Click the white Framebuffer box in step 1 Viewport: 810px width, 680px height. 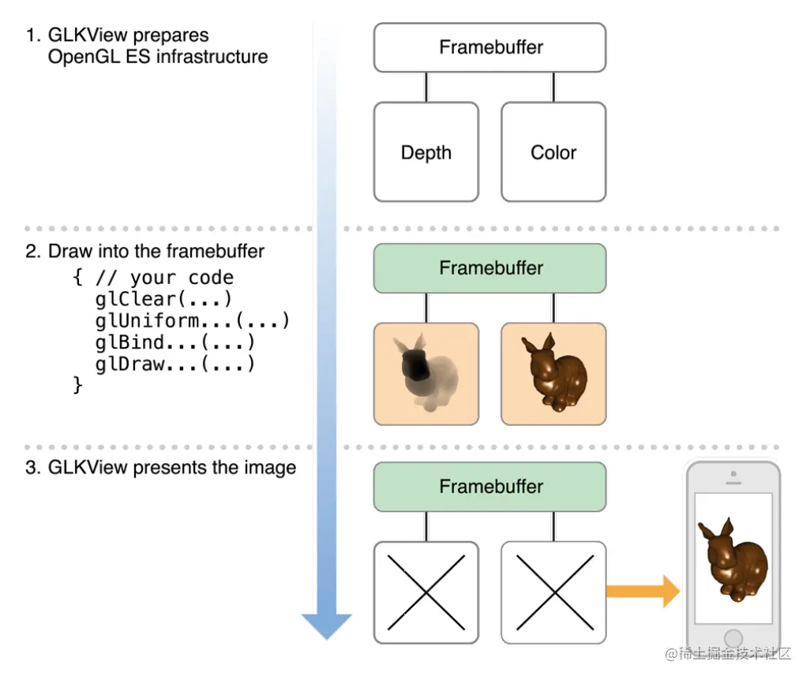click(489, 47)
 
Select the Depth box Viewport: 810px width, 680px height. click(426, 152)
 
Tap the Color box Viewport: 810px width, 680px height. click(553, 152)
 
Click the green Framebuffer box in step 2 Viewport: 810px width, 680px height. click(489, 268)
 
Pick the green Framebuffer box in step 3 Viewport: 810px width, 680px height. click(489, 487)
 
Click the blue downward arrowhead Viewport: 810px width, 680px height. click(327, 626)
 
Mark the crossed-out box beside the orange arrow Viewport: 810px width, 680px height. click(553, 592)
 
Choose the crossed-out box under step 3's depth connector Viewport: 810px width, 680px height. click(426, 592)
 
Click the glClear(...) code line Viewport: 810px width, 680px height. click(163, 300)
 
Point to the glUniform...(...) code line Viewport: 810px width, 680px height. click(192, 321)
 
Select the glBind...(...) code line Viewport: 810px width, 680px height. click(174, 342)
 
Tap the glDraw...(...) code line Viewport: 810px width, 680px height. click(174, 364)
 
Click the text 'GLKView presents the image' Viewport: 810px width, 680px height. click(172, 467)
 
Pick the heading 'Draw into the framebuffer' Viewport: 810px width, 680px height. click(156, 252)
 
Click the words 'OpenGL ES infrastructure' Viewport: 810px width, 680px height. click(158, 57)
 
